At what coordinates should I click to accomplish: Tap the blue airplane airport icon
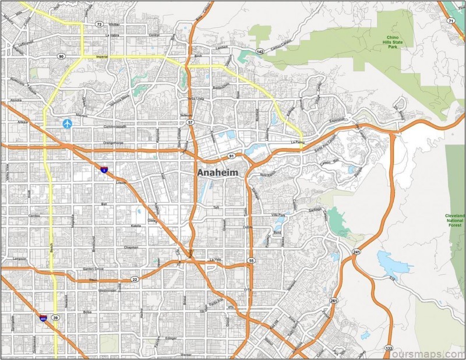tap(68, 123)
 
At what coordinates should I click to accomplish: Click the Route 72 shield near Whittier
tap(99, 24)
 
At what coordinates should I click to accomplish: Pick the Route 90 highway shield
tap(61, 57)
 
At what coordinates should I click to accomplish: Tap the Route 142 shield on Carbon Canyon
tap(260, 52)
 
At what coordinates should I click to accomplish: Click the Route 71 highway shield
tap(451, 21)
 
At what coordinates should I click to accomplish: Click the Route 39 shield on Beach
tap(55, 318)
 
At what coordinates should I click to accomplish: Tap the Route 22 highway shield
tap(134, 279)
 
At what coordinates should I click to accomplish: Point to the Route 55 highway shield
tap(250, 260)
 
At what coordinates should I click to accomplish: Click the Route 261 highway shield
tap(334, 301)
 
